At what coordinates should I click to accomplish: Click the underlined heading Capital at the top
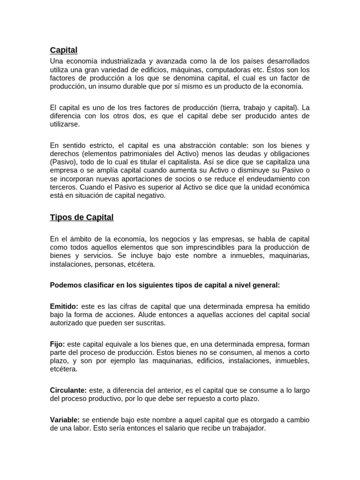pos(64,50)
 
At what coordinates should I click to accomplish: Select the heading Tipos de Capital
pos(82,217)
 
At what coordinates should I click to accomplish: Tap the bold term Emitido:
pos(64,306)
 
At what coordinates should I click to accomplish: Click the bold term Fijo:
pos(58,344)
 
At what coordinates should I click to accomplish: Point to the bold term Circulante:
pos(68,390)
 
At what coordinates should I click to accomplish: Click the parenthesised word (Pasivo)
pos(64,162)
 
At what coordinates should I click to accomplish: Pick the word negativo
pos(149,196)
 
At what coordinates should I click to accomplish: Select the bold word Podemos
pos(67,285)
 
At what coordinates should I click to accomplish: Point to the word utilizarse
pos(65,124)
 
